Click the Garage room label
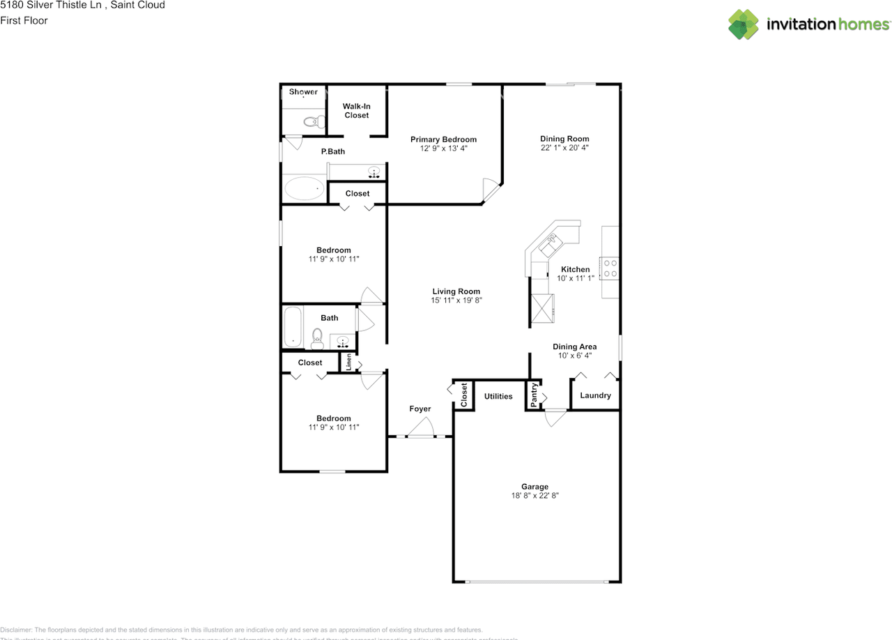(535, 487)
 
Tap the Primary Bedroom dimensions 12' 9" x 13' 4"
(443, 148)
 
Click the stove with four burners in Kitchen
(610, 268)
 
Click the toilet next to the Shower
(313, 121)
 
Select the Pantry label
(534, 395)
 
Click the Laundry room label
(595, 395)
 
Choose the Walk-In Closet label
(356, 111)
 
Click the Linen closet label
(348, 363)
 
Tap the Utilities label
(498, 396)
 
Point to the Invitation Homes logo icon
(744, 24)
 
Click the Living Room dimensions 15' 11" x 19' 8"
(456, 300)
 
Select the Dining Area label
(574, 346)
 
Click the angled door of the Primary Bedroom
(491, 189)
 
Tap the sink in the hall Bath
(342, 341)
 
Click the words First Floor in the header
(24, 20)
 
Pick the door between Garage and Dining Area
(555, 418)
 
